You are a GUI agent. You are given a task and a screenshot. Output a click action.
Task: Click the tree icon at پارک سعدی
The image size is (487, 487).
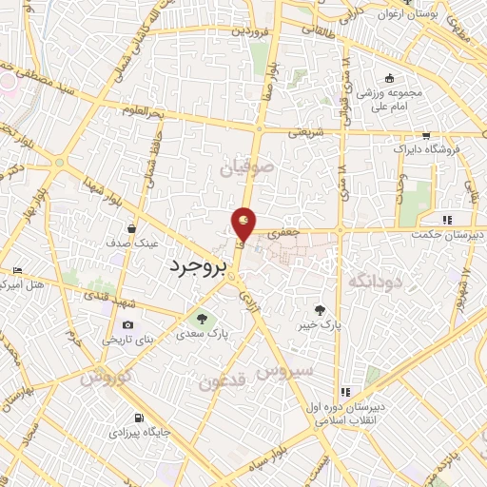[x=201, y=318]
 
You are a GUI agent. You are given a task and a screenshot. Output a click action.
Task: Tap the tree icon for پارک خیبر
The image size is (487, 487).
[x=319, y=309]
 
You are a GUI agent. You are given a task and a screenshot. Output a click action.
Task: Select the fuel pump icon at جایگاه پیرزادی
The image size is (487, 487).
[x=139, y=418]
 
